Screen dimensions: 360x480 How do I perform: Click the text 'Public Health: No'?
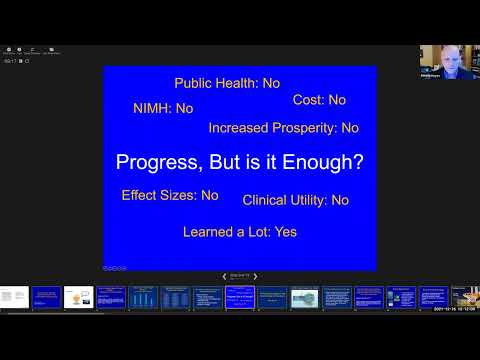[227, 84]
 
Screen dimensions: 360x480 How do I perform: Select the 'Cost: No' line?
[319, 100]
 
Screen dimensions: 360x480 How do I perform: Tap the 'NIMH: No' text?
[163, 108]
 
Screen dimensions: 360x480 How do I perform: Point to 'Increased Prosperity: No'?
[283, 128]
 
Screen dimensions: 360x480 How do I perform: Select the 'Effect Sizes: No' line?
[170, 195]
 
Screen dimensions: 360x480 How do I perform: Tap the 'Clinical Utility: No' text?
[295, 200]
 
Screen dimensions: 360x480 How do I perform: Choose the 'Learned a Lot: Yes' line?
[240, 232]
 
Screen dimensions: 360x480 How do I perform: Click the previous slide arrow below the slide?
[224, 276]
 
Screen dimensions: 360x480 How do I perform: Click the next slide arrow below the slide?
[255, 276]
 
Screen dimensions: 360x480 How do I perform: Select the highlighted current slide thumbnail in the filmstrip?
[240, 297]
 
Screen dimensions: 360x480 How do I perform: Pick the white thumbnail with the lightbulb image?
[78, 297]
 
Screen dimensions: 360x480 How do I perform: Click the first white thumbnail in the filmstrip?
[14, 297]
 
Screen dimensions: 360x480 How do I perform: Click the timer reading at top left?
[8, 60]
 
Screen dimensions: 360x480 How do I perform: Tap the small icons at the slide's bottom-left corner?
[115, 267]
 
